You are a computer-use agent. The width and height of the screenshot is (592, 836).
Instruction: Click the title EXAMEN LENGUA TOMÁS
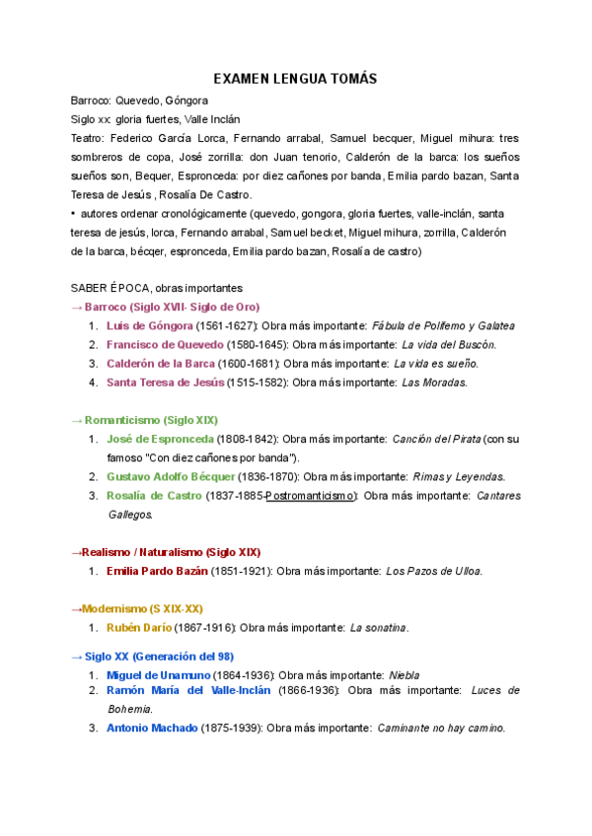tap(296, 79)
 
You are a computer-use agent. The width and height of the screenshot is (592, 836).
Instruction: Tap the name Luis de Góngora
tap(149, 325)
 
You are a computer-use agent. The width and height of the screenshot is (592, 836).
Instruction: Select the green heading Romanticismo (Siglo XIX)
tap(151, 419)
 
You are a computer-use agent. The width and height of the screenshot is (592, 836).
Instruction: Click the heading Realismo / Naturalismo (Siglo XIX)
tap(166, 552)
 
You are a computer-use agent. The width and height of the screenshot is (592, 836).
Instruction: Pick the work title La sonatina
tap(379, 627)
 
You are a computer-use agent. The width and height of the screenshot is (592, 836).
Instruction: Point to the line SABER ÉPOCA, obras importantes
tap(156, 288)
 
